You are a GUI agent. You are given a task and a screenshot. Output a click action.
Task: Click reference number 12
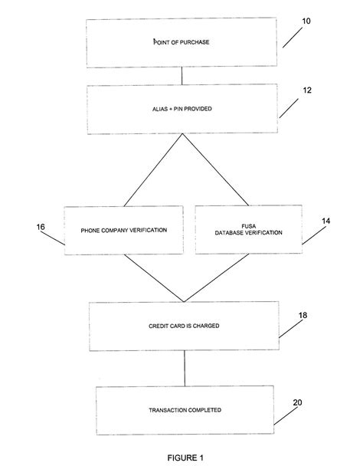(x=306, y=90)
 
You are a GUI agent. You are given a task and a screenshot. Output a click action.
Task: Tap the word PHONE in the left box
(x=90, y=230)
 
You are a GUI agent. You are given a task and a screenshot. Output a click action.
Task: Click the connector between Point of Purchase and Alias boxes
(x=181, y=75)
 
